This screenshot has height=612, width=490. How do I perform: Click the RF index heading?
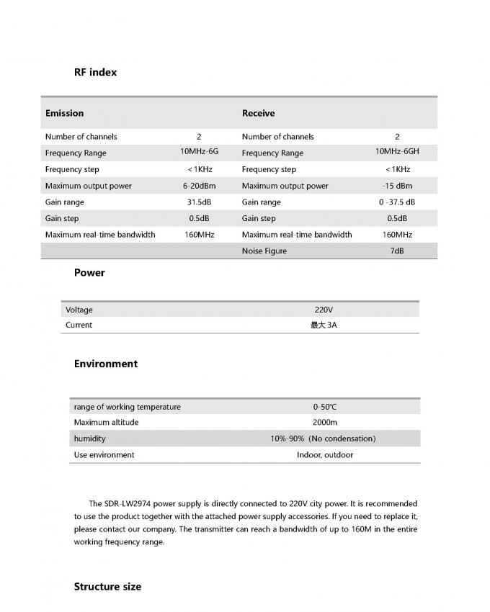(95, 72)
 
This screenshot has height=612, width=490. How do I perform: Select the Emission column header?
(64, 113)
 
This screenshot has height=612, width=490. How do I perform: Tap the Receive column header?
(258, 113)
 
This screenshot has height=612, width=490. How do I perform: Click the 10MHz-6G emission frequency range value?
(199, 152)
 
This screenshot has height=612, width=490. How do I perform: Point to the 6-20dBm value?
(199, 186)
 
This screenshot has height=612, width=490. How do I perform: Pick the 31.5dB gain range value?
(199, 202)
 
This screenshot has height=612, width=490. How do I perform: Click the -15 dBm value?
(397, 186)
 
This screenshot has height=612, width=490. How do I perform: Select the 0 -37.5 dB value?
(397, 202)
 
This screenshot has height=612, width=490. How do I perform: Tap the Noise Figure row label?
(264, 251)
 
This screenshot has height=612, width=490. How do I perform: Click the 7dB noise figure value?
(397, 251)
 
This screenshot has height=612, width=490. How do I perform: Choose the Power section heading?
(89, 273)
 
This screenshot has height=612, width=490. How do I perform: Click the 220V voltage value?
(324, 310)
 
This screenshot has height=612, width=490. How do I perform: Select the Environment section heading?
(105, 364)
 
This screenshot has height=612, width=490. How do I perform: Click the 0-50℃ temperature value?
(324, 407)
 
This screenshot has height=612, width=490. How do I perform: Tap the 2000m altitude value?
(324, 423)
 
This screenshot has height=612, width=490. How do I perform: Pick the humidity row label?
(89, 438)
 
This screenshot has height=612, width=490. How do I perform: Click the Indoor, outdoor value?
(324, 455)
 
